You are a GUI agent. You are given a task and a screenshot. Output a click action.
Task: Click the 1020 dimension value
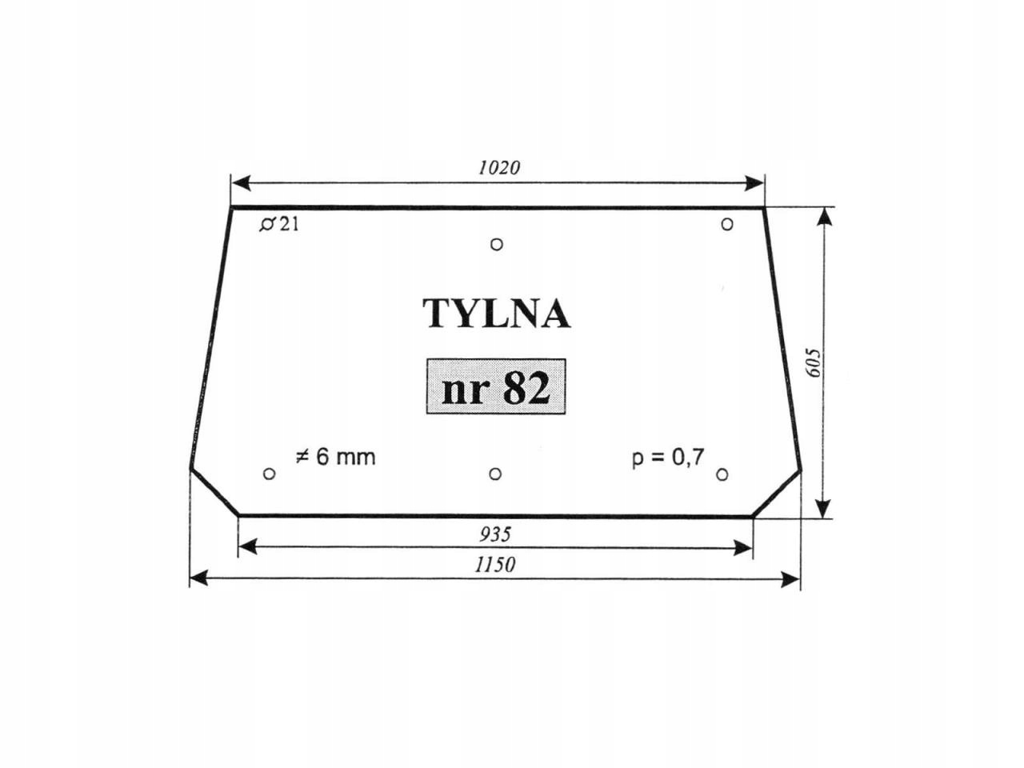point(498,167)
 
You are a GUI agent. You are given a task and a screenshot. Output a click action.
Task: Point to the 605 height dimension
point(814,363)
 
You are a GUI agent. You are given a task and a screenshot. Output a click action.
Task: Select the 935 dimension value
point(495,534)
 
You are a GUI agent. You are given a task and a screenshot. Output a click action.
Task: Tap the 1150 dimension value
point(495,565)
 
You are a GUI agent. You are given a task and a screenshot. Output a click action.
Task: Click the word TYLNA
point(496,314)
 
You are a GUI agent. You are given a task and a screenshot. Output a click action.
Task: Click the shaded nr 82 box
point(496,387)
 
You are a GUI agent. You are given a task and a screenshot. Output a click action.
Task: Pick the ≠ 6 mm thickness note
point(335,457)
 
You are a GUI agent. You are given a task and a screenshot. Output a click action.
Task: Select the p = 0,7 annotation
point(668,458)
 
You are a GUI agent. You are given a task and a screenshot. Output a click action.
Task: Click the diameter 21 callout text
point(279,225)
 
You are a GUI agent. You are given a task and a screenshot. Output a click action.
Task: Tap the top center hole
point(497,244)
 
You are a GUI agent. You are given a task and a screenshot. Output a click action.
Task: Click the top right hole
point(726,224)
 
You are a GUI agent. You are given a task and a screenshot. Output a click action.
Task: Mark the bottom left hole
point(269,474)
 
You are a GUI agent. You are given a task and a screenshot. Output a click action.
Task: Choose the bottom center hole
point(495,474)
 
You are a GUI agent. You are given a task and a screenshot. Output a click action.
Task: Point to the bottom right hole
point(722,475)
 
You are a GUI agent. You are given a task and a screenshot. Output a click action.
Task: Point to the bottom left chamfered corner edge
point(214,492)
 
